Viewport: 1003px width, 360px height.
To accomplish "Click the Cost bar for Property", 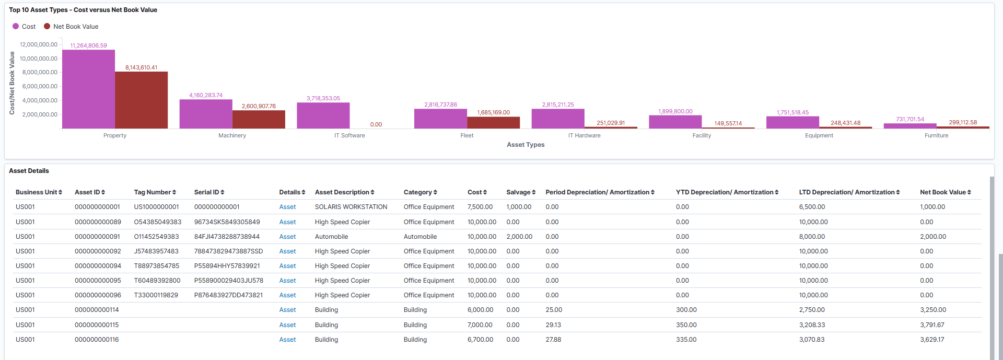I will coord(88,89).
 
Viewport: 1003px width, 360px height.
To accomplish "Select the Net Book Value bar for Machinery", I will coord(259,119).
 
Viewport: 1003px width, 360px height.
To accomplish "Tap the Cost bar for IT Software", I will coord(323,115).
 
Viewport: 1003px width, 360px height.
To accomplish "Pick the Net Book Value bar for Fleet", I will coord(493,122).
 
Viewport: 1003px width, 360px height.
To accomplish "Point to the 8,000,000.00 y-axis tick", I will coord(40,72).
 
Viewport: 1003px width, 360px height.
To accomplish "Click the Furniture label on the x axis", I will coord(936,135).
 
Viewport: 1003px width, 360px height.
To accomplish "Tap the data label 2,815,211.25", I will coord(557,104).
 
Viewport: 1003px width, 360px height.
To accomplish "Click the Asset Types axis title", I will coord(525,145).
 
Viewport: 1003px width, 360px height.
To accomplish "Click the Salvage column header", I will coord(520,192).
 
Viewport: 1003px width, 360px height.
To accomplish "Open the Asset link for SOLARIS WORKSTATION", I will coord(287,207).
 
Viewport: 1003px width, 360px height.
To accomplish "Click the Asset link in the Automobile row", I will coord(287,237).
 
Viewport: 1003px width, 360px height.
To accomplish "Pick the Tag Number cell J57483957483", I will coord(156,251).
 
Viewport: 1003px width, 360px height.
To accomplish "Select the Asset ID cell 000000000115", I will coord(97,325).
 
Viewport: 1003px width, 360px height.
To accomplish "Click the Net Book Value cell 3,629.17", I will coord(932,340).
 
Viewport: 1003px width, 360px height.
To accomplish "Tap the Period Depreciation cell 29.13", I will coord(553,325).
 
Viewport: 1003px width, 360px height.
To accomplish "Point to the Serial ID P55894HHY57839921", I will coord(227,266).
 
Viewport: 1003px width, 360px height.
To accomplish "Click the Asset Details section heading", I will coord(29,171).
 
